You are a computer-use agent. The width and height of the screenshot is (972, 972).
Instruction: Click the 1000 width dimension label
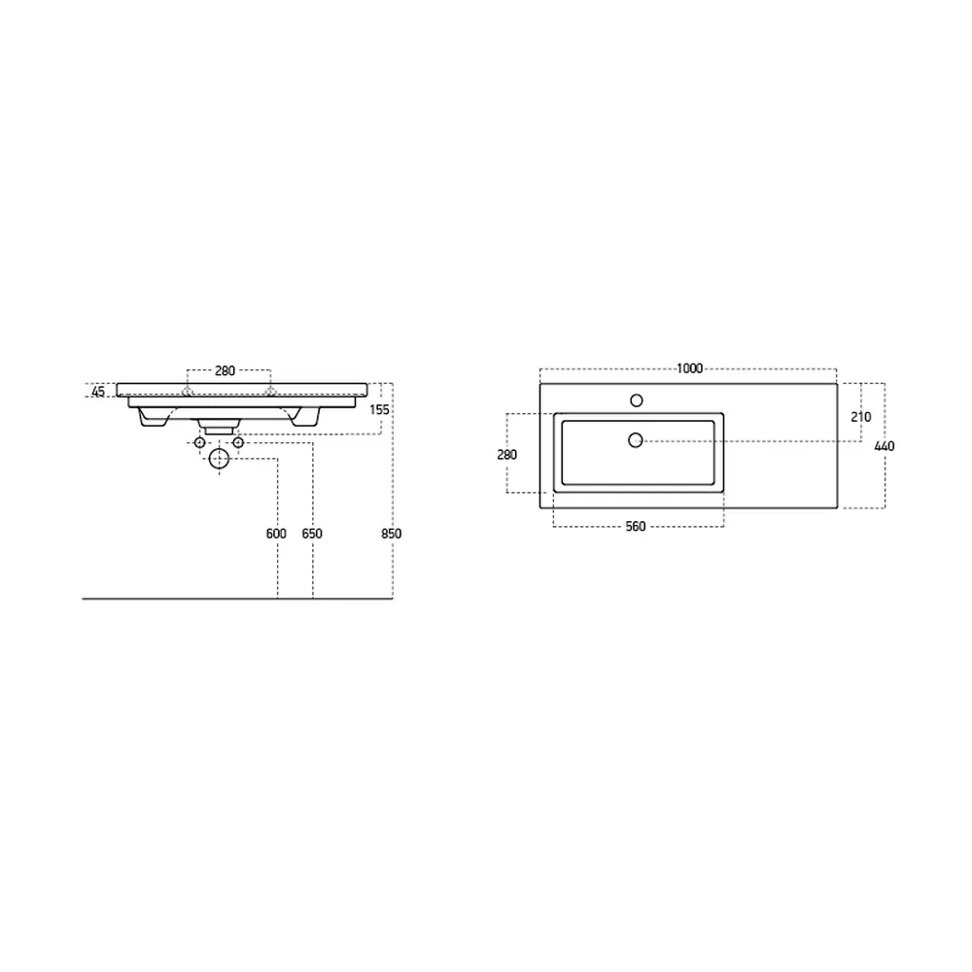[689, 368]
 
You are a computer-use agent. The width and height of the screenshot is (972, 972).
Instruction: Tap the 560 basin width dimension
[636, 526]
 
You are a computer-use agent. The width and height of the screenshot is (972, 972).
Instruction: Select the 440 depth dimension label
[885, 446]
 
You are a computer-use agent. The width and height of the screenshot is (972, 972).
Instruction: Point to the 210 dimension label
[861, 417]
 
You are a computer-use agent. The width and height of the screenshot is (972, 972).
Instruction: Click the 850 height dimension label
[391, 533]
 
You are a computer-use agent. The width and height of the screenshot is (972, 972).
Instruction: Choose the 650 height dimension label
[312, 533]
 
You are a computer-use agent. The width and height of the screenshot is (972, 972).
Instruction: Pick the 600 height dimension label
[276, 533]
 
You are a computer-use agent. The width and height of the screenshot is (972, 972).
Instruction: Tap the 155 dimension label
[379, 410]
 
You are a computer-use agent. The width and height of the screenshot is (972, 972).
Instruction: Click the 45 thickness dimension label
[98, 392]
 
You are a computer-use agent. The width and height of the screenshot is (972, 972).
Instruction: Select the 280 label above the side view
[226, 370]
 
